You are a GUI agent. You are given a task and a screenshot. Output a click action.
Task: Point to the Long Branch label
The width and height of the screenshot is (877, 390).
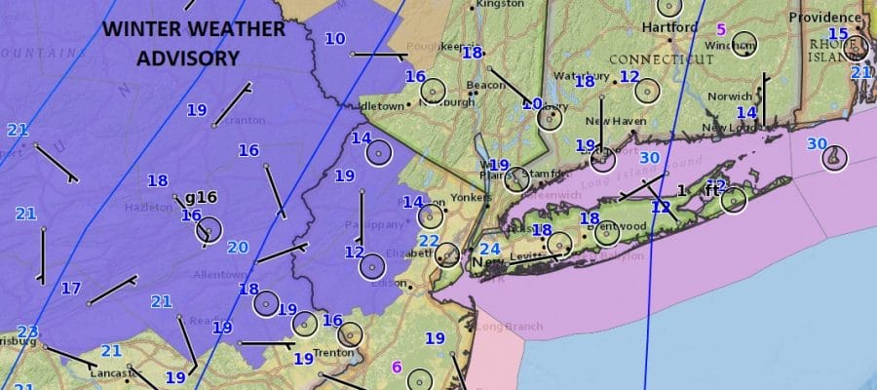click(498, 327)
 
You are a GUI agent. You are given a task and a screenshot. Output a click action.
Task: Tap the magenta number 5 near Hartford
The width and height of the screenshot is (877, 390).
click(721, 29)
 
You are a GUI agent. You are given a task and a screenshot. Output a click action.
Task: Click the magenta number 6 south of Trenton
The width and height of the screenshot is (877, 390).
click(396, 367)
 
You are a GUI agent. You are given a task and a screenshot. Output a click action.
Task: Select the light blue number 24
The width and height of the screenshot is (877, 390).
click(490, 250)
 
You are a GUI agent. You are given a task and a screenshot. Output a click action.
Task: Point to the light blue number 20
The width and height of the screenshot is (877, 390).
click(238, 248)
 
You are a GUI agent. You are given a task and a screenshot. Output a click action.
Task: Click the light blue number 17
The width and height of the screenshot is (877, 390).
click(71, 289)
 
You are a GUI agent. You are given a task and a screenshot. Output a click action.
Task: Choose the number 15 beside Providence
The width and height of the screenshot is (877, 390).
click(838, 34)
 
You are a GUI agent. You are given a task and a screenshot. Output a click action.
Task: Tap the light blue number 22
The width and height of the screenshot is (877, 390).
click(429, 241)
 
